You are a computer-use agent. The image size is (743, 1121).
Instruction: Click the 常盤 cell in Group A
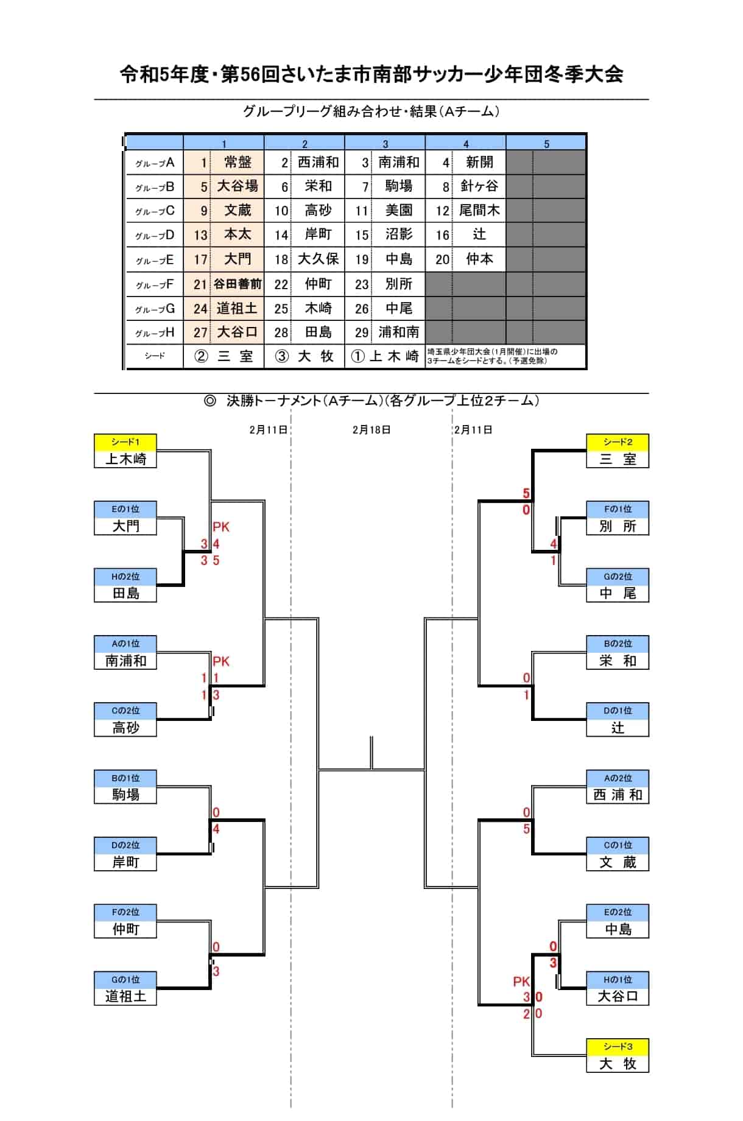tap(238, 162)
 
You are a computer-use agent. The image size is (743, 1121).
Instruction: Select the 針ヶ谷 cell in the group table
tap(479, 186)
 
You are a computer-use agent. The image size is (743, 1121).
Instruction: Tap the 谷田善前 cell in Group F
tap(238, 284)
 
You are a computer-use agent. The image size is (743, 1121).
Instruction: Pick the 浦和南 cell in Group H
tap(399, 332)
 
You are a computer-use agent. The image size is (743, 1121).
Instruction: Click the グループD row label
tap(155, 235)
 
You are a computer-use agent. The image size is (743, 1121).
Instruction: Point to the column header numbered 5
tap(546, 144)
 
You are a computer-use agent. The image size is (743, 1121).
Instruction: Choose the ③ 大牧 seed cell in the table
tap(305, 356)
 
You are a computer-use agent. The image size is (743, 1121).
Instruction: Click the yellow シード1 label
tap(125, 442)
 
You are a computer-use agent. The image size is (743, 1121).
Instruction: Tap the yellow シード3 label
tap(618, 1047)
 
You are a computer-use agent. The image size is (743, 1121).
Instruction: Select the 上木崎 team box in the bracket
tap(125, 459)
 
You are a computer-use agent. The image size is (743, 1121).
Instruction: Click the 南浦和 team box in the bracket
tap(125, 661)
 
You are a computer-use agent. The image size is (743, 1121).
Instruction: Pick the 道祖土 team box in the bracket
tap(125, 997)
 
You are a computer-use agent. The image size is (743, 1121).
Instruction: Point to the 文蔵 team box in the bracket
tap(618, 862)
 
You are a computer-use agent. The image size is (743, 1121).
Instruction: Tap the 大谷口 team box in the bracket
tap(618, 997)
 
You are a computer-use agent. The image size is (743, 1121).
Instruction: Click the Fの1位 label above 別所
tap(618, 509)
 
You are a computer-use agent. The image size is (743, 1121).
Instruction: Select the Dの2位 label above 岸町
tap(125, 845)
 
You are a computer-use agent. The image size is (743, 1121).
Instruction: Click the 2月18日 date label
tap(371, 430)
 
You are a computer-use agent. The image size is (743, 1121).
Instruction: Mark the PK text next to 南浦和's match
tap(221, 661)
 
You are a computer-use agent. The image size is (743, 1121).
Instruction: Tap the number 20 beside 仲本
tap(443, 259)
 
